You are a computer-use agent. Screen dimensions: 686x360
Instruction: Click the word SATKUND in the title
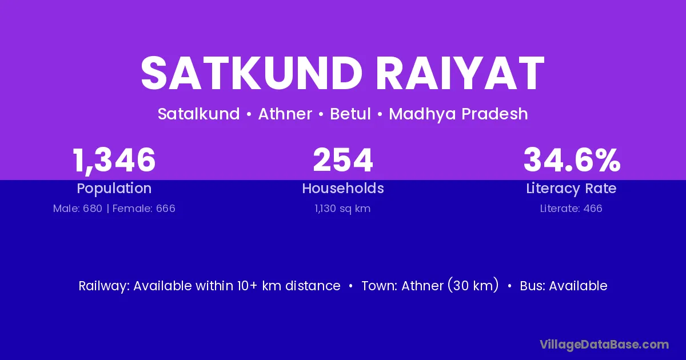click(x=252, y=74)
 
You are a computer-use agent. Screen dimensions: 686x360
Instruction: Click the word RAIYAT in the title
click(x=460, y=74)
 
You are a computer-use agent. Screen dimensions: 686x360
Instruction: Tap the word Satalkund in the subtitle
click(x=199, y=114)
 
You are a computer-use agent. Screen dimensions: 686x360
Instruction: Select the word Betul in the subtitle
click(x=350, y=114)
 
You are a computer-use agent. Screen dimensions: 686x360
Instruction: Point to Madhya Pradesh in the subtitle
click(x=458, y=114)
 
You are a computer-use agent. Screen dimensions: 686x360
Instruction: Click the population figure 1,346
click(x=114, y=161)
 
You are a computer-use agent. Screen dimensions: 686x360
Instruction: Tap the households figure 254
click(x=343, y=160)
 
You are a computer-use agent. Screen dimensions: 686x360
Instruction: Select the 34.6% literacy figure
click(x=572, y=160)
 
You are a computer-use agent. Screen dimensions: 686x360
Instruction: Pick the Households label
click(x=343, y=188)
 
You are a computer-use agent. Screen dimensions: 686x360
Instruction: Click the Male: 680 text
click(x=78, y=209)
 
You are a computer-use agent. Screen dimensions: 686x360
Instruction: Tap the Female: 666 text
click(x=144, y=209)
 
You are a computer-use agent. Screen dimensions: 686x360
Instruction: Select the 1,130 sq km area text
click(x=342, y=209)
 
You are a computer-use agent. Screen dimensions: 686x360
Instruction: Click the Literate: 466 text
click(x=571, y=209)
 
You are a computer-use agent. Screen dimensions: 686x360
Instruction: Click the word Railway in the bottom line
click(x=104, y=286)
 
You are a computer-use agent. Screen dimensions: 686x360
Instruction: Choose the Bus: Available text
click(x=564, y=286)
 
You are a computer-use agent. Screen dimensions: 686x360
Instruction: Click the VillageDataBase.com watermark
click(x=604, y=345)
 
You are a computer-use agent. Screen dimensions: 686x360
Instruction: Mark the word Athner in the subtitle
click(x=285, y=114)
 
